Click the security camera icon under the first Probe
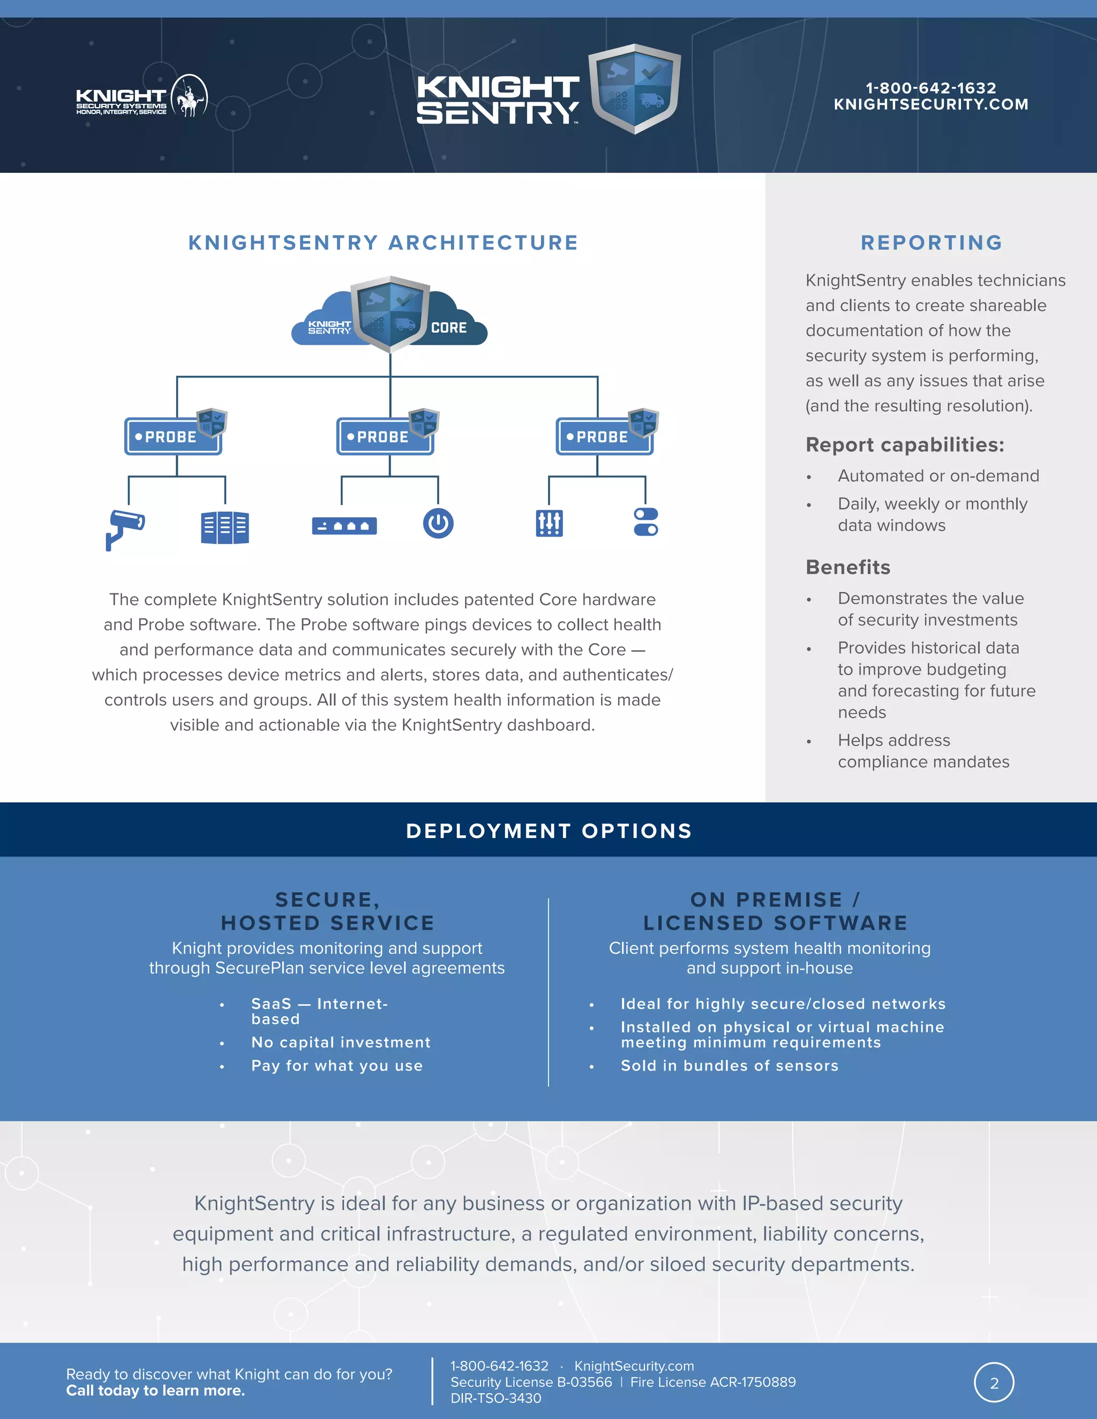[x=125, y=528]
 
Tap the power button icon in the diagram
[x=438, y=523]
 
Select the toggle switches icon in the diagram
[x=645, y=522]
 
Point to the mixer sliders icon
[x=549, y=523]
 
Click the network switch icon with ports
[x=344, y=526]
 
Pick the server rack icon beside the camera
[x=225, y=527]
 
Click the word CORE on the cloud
[x=448, y=328]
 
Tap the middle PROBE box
[x=385, y=436]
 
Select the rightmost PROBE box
[x=604, y=436]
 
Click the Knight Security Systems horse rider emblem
[x=189, y=96]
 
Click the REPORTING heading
[x=931, y=243]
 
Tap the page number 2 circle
[x=994, y=1383]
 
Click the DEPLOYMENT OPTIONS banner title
[x=548, y=831]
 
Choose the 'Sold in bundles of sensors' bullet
[x=729, y=1066]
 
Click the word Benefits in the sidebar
[x=847, y=567]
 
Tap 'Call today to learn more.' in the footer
[x=155, y=1391]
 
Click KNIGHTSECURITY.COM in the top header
[x=930, y=104]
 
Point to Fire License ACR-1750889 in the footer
[x=713, y=1382]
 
